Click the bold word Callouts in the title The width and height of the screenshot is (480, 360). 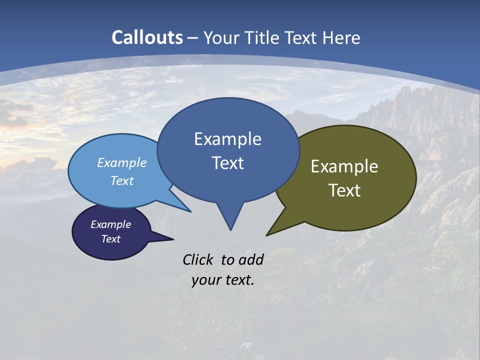147,37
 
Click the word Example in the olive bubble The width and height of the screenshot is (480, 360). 344,166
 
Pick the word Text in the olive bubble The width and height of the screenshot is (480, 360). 344,190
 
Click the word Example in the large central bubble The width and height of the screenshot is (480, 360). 227,139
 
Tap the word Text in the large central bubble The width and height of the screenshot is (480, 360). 227,163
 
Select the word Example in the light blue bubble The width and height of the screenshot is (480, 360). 122,162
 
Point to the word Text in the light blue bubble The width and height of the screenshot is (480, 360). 122,180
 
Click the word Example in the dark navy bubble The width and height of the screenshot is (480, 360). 110,224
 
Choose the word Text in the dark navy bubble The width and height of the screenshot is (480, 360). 110,239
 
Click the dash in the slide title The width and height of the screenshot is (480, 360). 193,38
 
